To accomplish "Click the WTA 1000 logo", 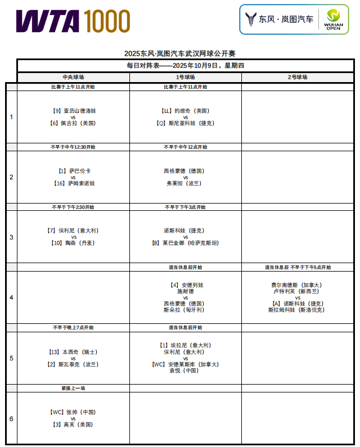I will pyautogui.click(x=73, y=21).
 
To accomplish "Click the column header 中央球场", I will pyautogui.click(x=73, y=77).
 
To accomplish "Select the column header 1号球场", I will pyautogui.click(x=186, y=77).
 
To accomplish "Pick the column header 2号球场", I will pyautogui.click(x=298, y=77).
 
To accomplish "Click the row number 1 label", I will pyautogui.click(x=11, y=117).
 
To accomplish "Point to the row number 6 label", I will pyautogui.click(x=11, y=419).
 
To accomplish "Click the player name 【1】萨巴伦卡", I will pyautogui.click(x=73, y=171).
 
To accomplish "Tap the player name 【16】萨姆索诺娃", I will pyautogui.click(x=73, y=183).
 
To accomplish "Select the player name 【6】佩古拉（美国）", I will pyautogui.click(x=73, y=123).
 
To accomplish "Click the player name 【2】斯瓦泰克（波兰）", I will pyautogui.click(x=73, y=364).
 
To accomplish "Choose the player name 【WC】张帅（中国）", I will pyautogui.click(x=73, y=412).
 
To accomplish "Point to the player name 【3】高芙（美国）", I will pyautogui.click(x=73, y=425).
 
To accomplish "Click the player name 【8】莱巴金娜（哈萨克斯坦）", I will pyautogui.click(x=186, y=243).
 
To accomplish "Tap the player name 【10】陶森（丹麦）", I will pyautogui.click(x=73, y=243).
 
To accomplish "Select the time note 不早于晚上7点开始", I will pyautogui.click(x=73, y=327).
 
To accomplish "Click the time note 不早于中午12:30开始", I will pyautogui.click(x=73, y=147).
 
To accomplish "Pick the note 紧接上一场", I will pyautogui.click(x=73, y=388).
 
